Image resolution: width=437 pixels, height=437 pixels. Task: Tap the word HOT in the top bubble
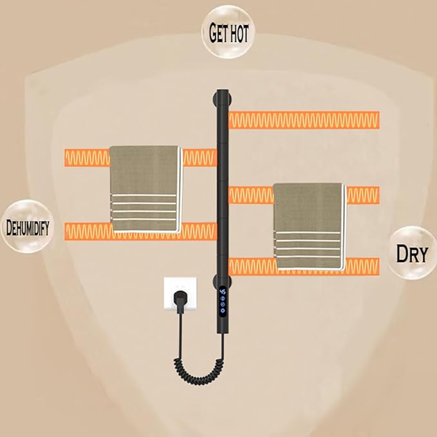tap(238, 33)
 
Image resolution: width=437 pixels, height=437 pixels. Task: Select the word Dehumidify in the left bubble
tap(28, 227)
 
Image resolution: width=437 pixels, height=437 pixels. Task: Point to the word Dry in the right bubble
tap(412, 254)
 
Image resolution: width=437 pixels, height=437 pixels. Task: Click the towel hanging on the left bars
tap(145, 189)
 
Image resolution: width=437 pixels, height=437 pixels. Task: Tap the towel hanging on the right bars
tap(310, 227)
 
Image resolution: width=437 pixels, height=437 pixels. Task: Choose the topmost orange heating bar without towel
tap(304, 120)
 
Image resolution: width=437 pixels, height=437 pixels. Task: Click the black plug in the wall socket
tap(180, 298)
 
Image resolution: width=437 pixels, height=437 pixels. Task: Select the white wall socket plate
tap(180, 293)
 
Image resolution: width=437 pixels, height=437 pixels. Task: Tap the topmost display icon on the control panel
tap(223, 292)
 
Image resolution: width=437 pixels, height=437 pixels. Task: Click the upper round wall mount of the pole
tap(222, 99)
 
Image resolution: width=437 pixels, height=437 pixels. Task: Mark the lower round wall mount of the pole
tap(222, 281)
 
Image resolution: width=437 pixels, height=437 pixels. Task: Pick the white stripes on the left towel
tap(144, 207)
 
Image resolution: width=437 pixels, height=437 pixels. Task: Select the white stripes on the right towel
tap(307, 245)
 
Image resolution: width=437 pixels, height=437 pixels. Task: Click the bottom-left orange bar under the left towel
tap(141, 231)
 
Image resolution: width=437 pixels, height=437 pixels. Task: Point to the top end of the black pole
tap(223, 90)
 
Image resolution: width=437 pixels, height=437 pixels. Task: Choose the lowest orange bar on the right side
tap(304, 266)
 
